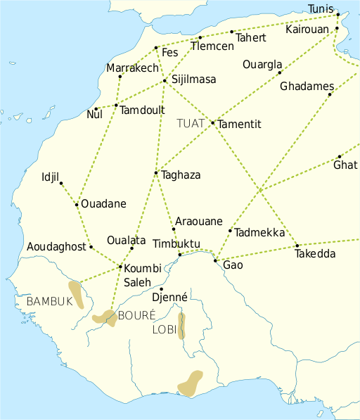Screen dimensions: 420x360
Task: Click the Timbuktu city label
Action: (176, 244)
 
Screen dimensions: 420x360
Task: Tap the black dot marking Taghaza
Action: (155, 173)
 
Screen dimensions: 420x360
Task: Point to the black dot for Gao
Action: (215, 261)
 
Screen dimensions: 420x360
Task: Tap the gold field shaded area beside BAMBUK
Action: (76, 294)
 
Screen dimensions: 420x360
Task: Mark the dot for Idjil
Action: (61, 184)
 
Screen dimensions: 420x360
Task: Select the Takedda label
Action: (316, 254)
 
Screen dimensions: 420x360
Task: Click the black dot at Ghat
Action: (339, 157)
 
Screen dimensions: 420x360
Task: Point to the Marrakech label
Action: (133, 68)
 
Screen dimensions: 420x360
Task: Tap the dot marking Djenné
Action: (161, 289)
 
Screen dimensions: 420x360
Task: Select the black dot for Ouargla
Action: (279, 72)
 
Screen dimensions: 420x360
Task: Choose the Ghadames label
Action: (306, 87)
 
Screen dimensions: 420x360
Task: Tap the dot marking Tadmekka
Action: (230, 231)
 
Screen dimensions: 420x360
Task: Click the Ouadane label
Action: (103, 204)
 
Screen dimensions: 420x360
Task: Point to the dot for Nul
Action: (96, 109)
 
